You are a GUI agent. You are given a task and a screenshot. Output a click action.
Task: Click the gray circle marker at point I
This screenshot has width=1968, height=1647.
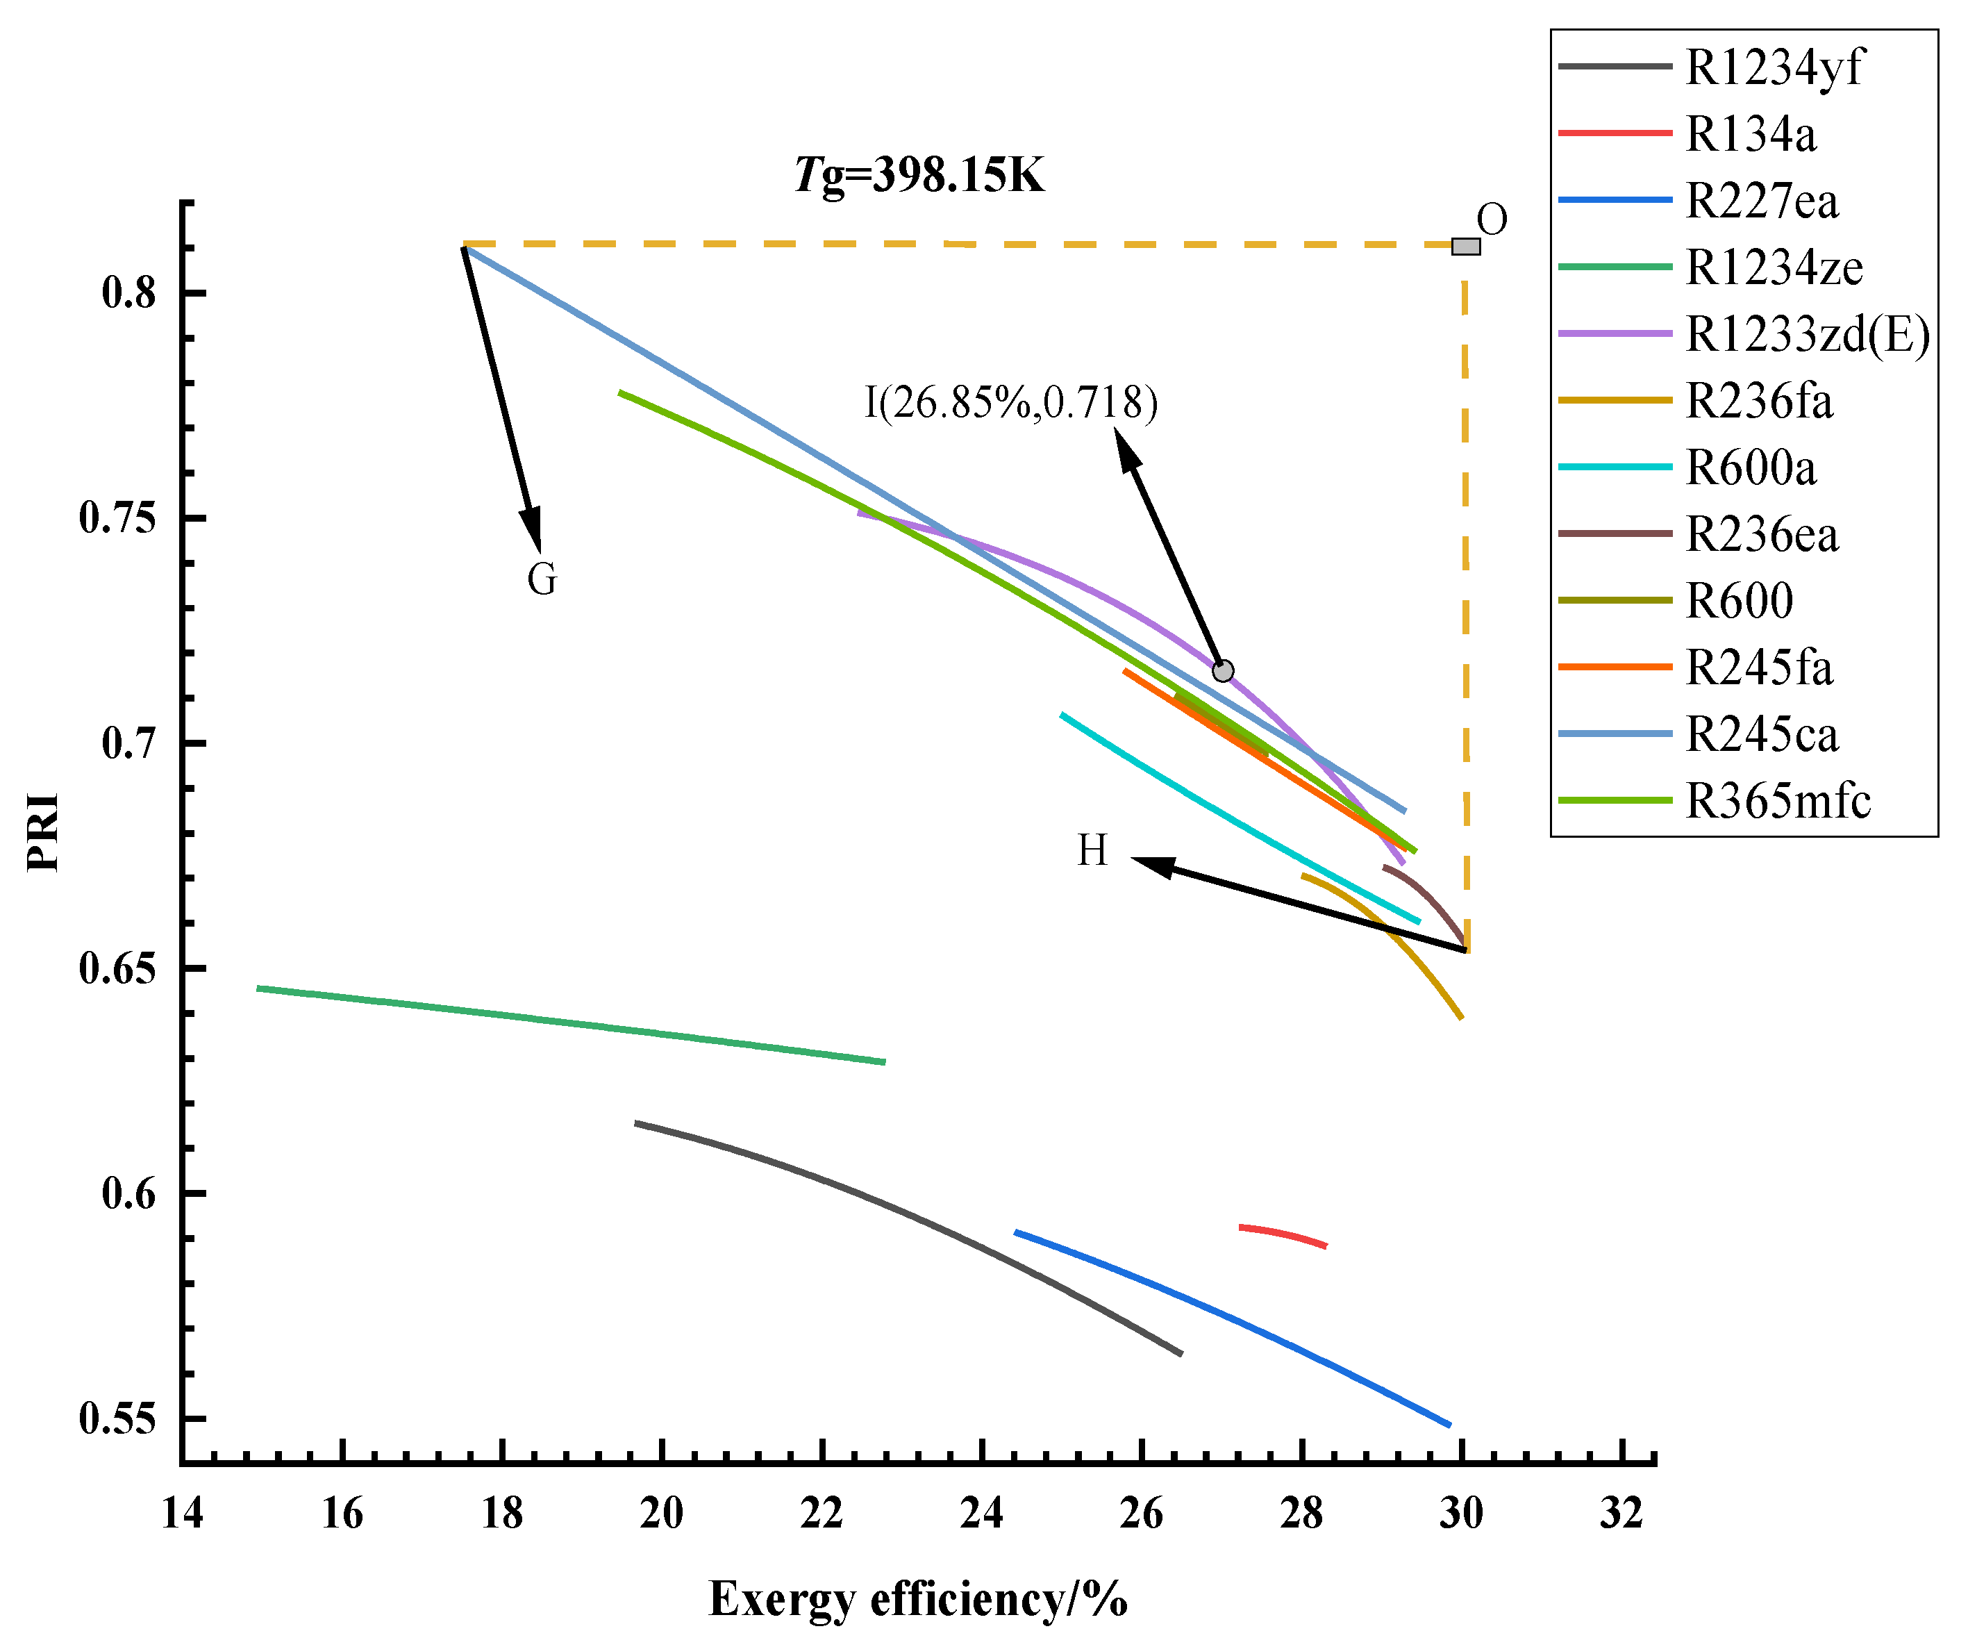(x=1223, y=671)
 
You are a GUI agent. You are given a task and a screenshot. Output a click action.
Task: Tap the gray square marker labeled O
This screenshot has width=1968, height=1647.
(x=1466, y=247)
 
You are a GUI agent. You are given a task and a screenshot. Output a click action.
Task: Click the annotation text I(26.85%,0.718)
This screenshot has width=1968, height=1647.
(x=1010, y=403)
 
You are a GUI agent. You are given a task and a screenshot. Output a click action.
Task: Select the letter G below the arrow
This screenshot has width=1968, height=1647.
(x=542, y=579)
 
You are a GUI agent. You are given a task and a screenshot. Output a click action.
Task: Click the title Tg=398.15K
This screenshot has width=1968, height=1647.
(x=919, y=175)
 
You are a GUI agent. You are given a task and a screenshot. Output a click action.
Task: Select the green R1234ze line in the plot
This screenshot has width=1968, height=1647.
(x=572, y=1025)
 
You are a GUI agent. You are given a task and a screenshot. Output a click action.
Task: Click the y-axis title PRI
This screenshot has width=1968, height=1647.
(x=43, y=832)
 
